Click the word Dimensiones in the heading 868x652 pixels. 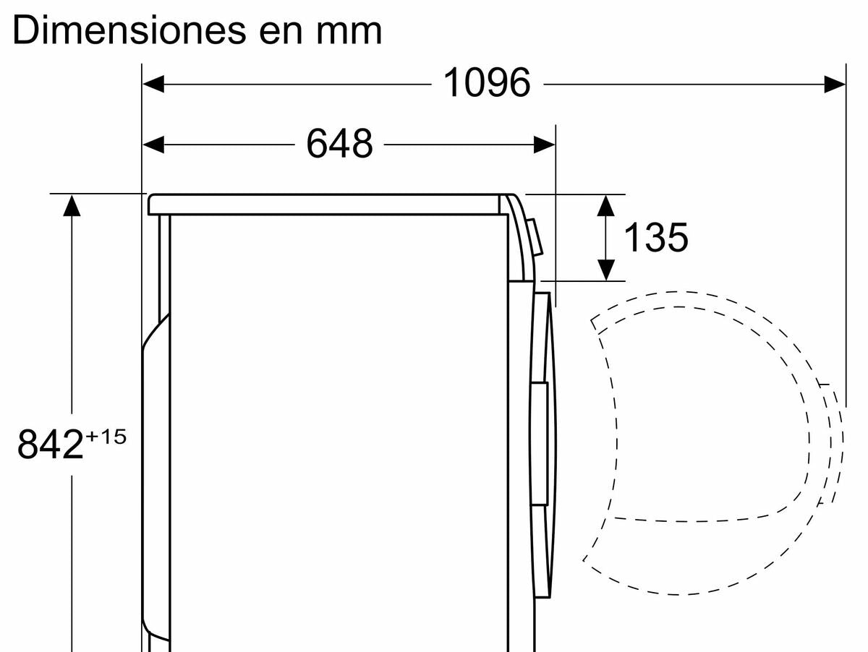point(129,30)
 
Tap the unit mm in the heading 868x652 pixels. point(349,34)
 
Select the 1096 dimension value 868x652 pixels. point(487,82)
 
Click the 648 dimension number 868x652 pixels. point(339,143)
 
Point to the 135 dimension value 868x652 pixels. point(656,237)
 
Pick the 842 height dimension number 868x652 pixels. point(50,444)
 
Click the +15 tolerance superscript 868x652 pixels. point(106,437)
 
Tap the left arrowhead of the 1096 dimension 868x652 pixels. point(153,84)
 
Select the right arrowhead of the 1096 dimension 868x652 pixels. point(835,84)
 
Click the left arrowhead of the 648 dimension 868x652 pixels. point(153,145)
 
